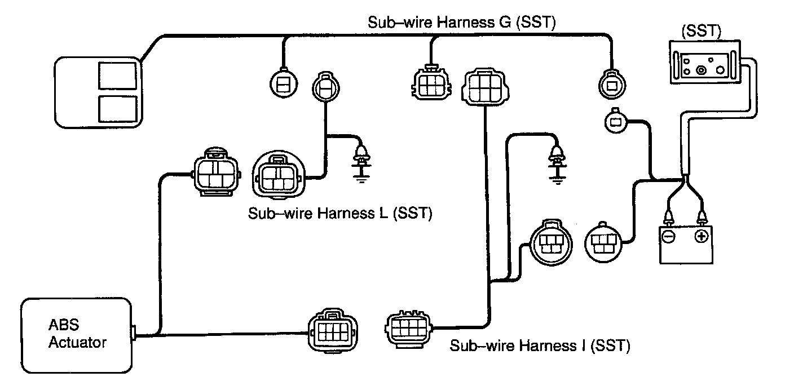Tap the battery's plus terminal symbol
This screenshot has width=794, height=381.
pos(701,236)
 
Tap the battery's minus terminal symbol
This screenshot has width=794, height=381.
pos(667,236)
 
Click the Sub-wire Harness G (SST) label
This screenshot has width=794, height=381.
pos(462,23)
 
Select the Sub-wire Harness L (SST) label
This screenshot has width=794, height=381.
pos(340,214)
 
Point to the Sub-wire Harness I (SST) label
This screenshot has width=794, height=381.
pos(539,345)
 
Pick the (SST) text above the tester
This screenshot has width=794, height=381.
pos(701,32)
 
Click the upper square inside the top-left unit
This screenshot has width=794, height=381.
pos(117,75)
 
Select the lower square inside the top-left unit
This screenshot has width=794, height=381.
pos(117,108)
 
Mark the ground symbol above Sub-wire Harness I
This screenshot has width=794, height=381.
pos(557,163)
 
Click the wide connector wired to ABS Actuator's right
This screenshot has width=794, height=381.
pos(330,331)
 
